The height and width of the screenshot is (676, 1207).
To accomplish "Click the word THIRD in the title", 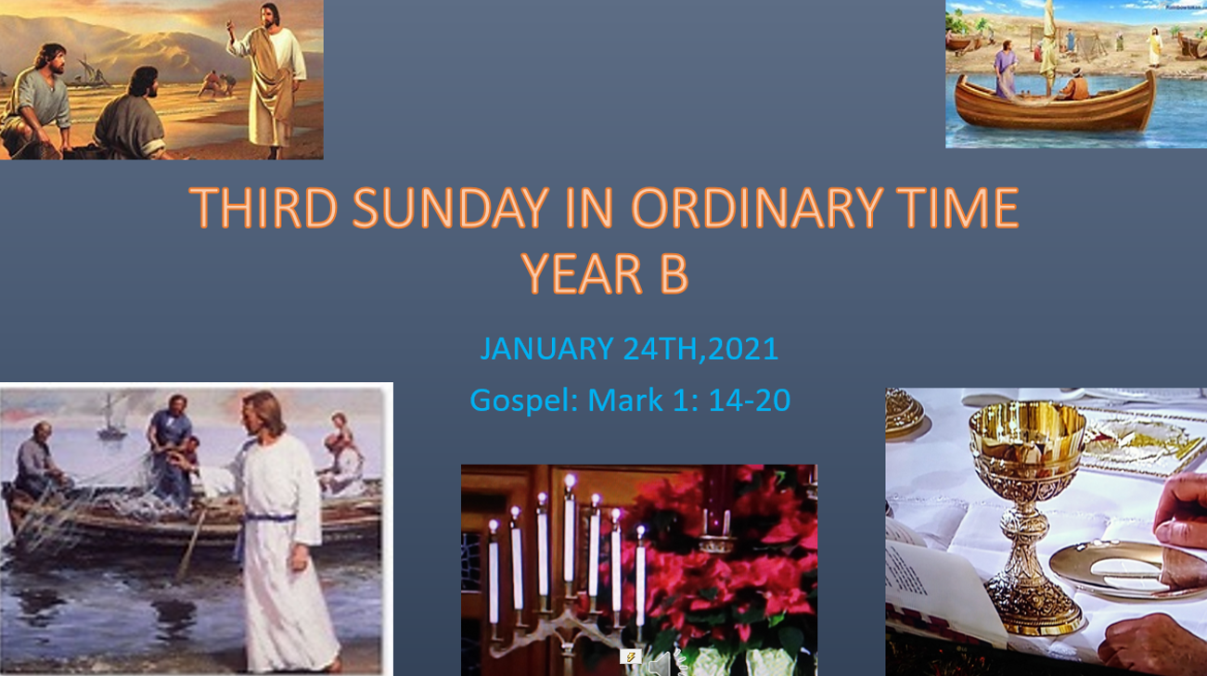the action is coord(263,208).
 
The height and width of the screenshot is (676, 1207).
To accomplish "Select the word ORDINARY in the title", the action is coord(757,208).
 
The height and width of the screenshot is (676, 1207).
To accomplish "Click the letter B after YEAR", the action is coord(674,274).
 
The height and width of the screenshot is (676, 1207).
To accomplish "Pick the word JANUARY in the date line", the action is coord(546,349).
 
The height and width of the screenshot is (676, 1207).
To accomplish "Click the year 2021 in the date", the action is coord(743,349).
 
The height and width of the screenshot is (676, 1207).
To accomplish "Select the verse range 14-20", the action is coord(750,401).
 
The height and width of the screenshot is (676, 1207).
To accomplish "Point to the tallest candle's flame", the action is coord(570,481).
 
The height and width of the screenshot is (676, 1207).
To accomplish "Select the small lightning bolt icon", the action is coord(630,657).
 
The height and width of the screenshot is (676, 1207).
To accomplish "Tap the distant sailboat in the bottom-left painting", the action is coord(111,417).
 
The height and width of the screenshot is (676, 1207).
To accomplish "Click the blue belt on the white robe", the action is coord(270,517).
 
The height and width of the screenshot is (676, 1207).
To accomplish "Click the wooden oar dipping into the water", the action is coord(191,544).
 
